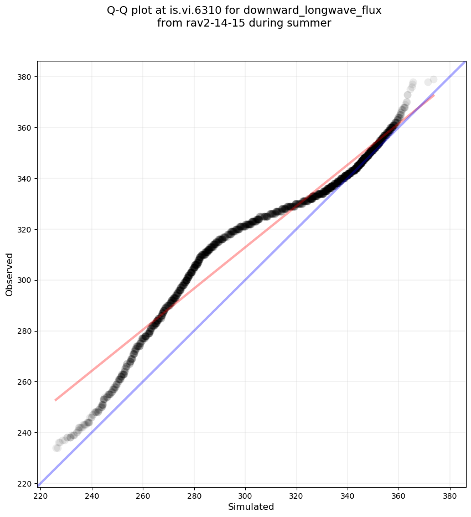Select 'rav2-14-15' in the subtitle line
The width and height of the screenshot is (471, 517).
[210, 23]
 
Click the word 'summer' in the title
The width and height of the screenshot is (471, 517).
[311, 23]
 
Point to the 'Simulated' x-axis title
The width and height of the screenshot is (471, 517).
[251, 506]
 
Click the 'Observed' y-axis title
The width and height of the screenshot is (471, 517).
[9, 274]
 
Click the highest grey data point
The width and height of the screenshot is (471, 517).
[433, 80]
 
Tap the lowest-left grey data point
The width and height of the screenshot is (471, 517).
[56, 448]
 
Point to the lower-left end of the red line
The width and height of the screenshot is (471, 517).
[55, 400]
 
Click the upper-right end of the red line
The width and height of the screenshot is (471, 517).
[434, 95]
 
